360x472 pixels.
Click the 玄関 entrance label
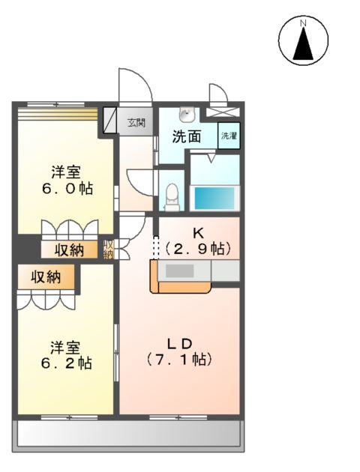pos(136,122)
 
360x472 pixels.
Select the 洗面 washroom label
pos(187,136)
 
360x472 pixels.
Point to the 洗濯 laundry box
pos(229,136)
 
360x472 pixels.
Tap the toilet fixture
pos(172,196)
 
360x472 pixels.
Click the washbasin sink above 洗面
pos(186,114)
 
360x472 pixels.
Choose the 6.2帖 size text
pos(67,364)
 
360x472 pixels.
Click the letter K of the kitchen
pos(197,232)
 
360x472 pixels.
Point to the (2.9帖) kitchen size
pos(197,249)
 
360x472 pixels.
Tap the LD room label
pos(181,343)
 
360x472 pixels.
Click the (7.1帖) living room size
pos(181,360)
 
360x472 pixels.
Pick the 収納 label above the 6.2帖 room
pos(46,278)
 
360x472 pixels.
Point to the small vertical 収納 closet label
pos(109,249)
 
